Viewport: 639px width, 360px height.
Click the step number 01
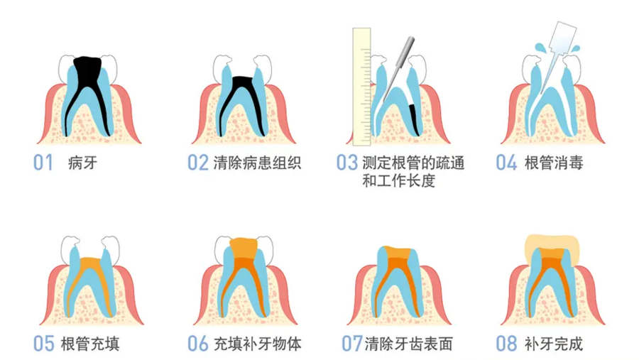(x=43, y=163)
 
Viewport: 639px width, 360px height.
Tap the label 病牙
(x=83, y=163)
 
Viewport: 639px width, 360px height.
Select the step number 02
(x=198, y=163)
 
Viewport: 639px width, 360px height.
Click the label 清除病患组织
(x=257, y=163)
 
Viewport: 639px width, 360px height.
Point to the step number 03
(x=347, y=163)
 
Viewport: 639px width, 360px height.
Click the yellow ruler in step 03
(x=361, y=87)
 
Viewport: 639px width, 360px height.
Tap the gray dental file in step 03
(x=398, y=70)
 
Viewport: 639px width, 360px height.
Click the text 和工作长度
(x=399, y=180)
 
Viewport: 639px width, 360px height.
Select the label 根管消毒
(x=554, y=163)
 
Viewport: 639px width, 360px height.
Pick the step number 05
(x=43, y=344)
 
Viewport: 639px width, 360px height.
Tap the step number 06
(x=198, y=344)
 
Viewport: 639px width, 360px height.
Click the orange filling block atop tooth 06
(x=244, y=248)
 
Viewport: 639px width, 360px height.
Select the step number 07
(x=352, y=344)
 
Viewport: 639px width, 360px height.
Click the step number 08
(x=506, y=344)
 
